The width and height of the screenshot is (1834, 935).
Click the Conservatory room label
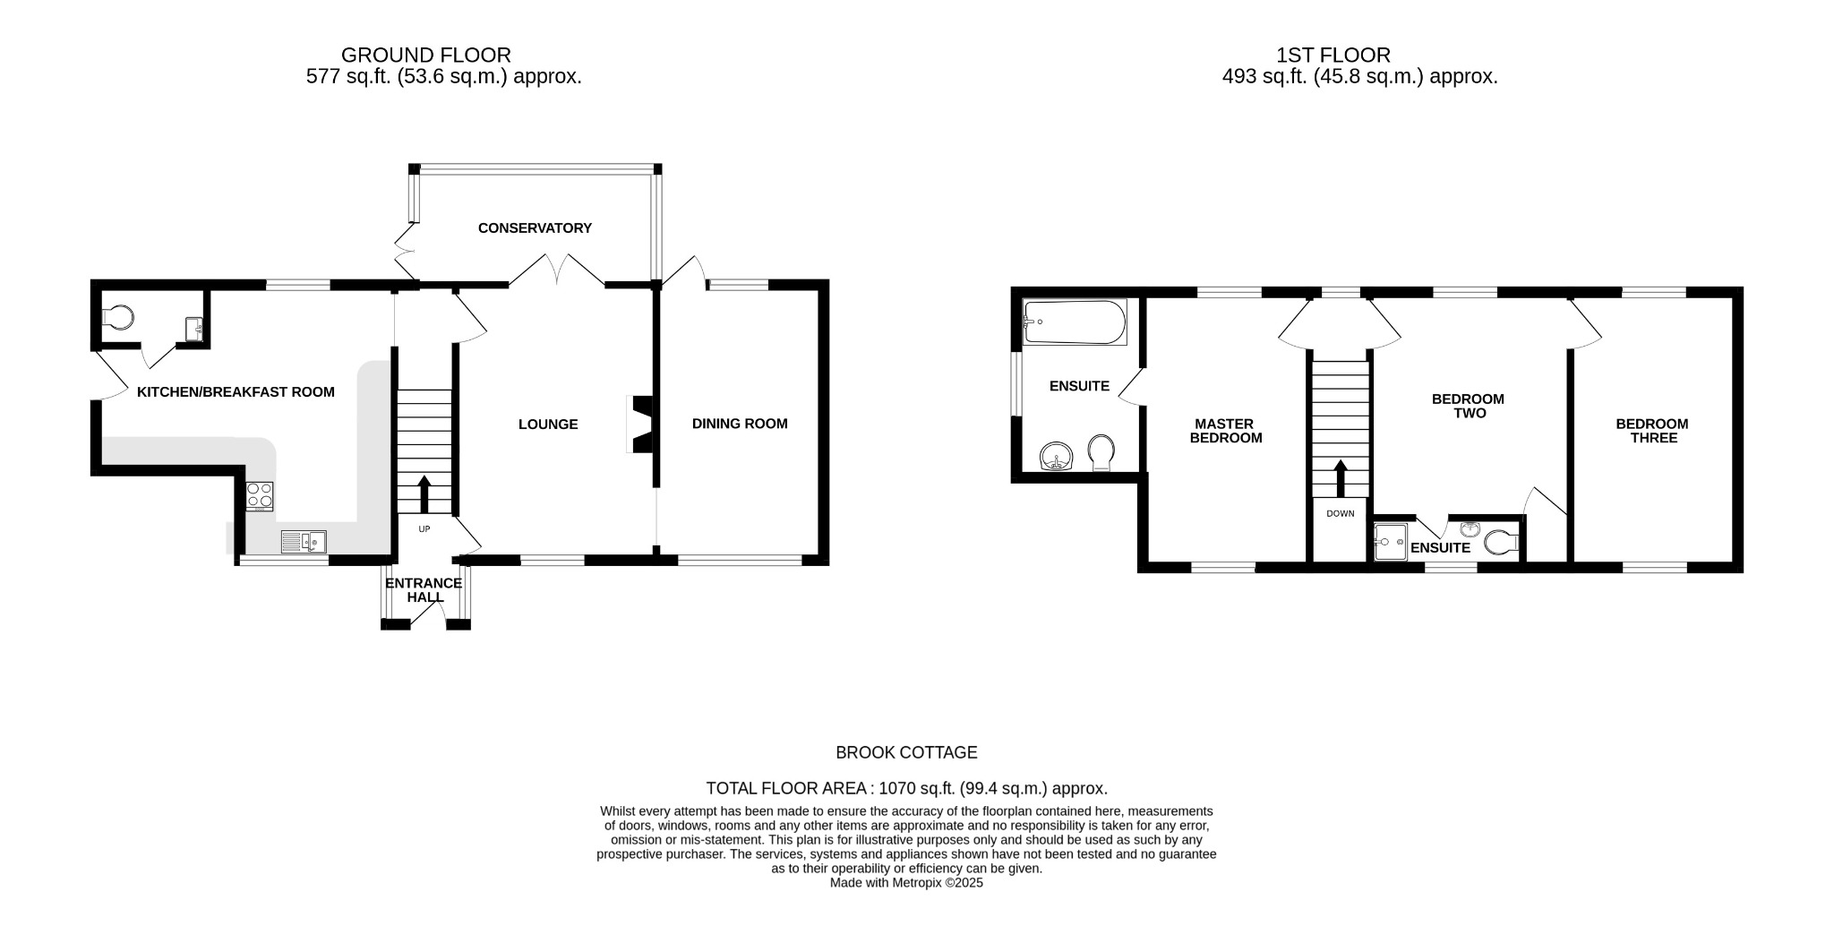pyautogui.click(x=535, y=228)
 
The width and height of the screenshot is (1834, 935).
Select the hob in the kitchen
pyautogui.click(x=260, y=495)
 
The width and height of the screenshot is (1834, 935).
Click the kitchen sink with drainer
pyautogui.click(x=304, y=542)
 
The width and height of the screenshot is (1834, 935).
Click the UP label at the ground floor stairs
pyautogui.click(x=424, y=529)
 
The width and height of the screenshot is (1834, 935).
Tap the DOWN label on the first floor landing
pyautogui.click(x=1341, y=514)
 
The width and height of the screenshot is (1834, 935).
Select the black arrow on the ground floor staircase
pyautogui.click(x=424, y=493)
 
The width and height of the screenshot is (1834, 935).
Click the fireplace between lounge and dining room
pyautogui.click(x=642, y=425)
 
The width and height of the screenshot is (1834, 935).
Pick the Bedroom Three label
pyautogui.click(x=1652, y=431)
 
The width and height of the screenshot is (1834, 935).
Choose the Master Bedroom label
pyautogui.click(x=1225, y=431)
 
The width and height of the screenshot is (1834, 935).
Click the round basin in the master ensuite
pyautogui.click(x=1058, y=456)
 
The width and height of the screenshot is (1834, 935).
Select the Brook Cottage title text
pyautogui.click(x=906, y=753)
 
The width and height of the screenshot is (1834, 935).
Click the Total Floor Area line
pyautogui.click(x=906, y=789)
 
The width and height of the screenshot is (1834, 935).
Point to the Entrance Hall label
pyautogui.click(x=424, y=590)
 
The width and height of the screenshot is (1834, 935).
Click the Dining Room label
pyautogui.click(x=740, y=424)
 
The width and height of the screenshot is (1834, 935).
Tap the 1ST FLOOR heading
pyautogui.click(x=1333, y=56)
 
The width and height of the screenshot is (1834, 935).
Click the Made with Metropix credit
pyautogui.click(x=906, y=883)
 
